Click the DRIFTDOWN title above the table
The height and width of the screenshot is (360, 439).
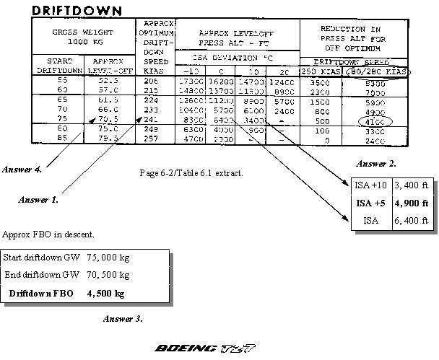pyautogui.click(x=76, y=10)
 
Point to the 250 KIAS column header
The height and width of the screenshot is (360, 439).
pyautogui.click(x=319, y=71)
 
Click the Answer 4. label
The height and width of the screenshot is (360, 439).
pyautogui.click(x=22, y=170)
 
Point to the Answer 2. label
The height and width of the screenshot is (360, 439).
pyautogui.click(x=377, y=164)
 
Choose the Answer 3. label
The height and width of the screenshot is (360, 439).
pyautogui.click(x=123, y=318)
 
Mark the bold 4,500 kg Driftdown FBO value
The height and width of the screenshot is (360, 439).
pyautogui.click(x=105, y=294)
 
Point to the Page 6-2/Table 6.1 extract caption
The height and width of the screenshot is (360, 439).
pyautogui.click(x=189, y=173)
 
